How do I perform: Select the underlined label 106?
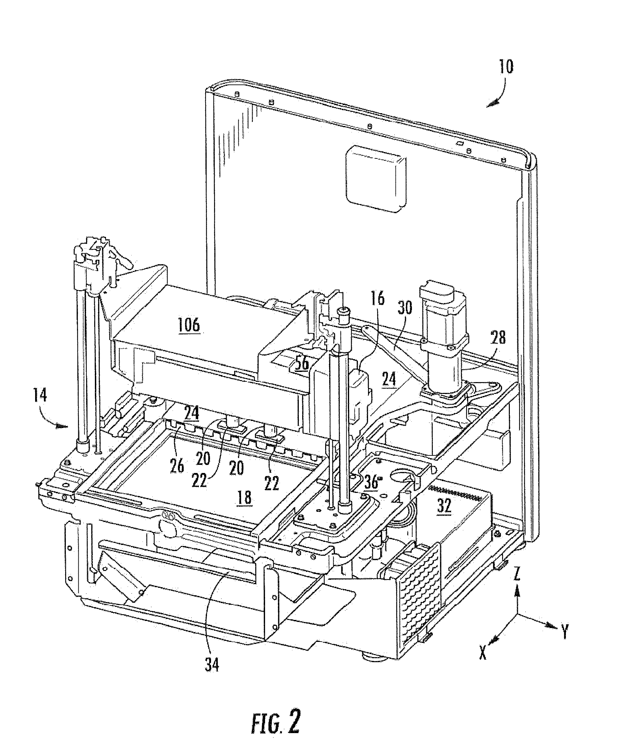click(189, 325)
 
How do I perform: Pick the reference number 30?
click(403, 307)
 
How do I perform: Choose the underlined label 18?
click(244, 498)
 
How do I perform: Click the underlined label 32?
click(444, 506)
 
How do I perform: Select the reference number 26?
click(177, 467)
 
